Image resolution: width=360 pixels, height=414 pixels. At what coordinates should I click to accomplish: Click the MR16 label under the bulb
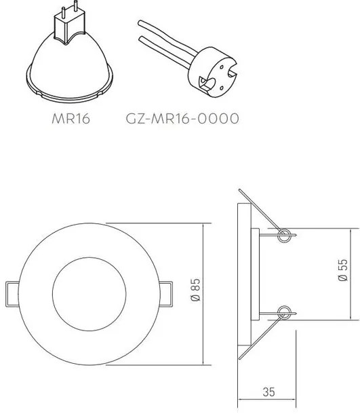point(71,120)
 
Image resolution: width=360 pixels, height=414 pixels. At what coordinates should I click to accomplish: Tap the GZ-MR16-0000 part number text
point(182,120)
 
